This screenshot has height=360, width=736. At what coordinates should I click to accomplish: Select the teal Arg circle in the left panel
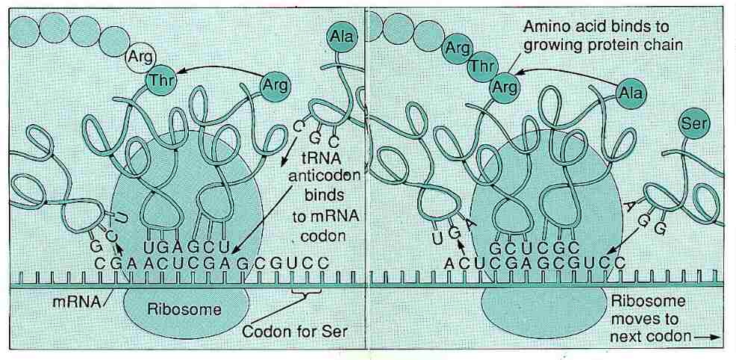273,84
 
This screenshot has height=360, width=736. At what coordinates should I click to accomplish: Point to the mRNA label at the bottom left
72,302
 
